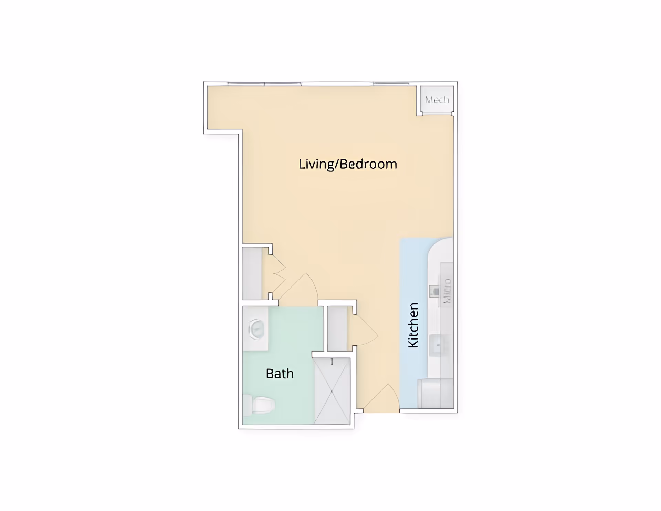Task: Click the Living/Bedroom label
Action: click(348, 164)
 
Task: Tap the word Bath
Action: click(280, 374)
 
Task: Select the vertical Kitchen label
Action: click(413, 325)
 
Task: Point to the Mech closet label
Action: click(437, 100)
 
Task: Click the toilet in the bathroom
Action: click(262, 405)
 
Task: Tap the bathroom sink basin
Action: click(256, 329)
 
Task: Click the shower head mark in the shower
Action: click(332, 361)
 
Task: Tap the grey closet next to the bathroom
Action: click(337, 328)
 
